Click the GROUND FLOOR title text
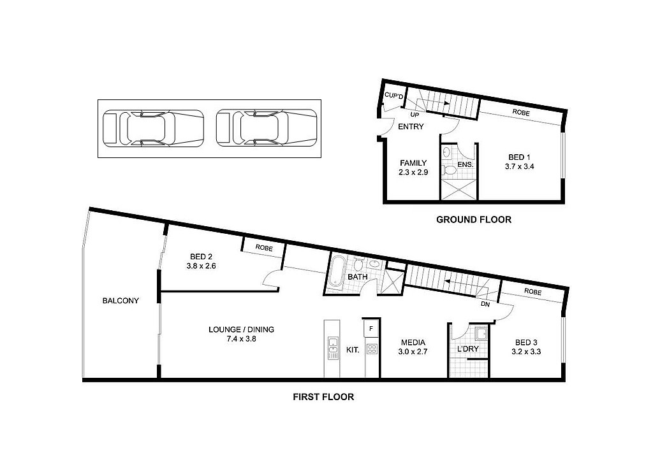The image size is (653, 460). [x=473, y=220]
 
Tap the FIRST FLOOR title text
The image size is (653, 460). [x=323, y=397]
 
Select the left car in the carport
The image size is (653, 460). [x=153, y=128]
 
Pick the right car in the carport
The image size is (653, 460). [x=267, y=128]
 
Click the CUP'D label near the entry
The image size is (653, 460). [x=393, y=96]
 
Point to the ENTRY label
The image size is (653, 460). [x=411, y=127]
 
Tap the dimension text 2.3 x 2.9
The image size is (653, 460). [x=413, y=173]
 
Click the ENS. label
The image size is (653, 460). [x=466, y=165]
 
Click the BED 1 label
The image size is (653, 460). [x=516, y=157]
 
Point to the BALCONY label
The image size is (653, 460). [x=121, y=301]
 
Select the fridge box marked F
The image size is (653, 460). [x=371, y=329]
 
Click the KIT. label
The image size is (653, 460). [x=353, y=350]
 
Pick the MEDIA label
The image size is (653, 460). [x=411, y=342]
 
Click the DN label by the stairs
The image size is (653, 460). [x=485, y=305]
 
